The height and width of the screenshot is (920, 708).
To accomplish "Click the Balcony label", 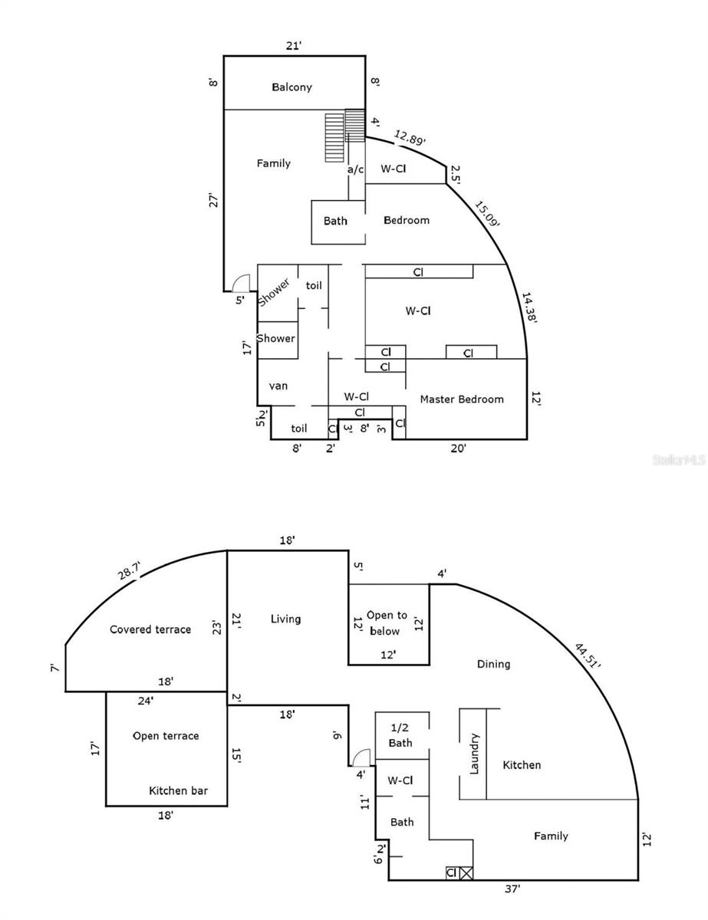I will pyautogui.click(x=292, y=87).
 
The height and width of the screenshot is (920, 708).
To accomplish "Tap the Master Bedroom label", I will pyautogui.click(x=462, y=399).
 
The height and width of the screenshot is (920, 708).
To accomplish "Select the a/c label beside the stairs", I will pyautogui.click(x=355, y=169).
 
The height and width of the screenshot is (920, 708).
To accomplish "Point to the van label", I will pyautogui.click(x=278, y=386).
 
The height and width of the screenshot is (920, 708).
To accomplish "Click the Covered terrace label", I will pyautogui.click(x=150, y=629).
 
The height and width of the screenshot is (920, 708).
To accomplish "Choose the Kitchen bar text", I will pyautogui.click(x=178, y=790).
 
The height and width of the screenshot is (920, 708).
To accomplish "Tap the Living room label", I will pyautogui.click(x=286, y=619).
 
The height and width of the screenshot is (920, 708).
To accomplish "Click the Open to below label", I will pyautogui.click(x=387, y=623).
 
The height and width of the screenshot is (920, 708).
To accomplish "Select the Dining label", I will pyautogui.click(x=493, y=664).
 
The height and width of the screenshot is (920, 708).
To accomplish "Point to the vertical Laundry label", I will pyautogui.click(x=474, y=754).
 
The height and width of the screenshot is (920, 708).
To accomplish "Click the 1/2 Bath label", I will pyautogui.click(x=400, y=735).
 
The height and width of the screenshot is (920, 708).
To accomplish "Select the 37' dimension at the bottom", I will pyautogui.click(x=512, y=889).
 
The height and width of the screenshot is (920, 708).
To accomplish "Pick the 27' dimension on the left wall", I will pyautogui.click(x=214, y=200).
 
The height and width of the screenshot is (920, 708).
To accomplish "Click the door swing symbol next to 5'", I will pyautogui.click(x=242, y=284).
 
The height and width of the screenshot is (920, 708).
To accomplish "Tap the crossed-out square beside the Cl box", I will pyautogui.click(x=466, y=872).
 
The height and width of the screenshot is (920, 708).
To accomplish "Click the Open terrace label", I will pyautogui.click(x=166, y=736).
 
